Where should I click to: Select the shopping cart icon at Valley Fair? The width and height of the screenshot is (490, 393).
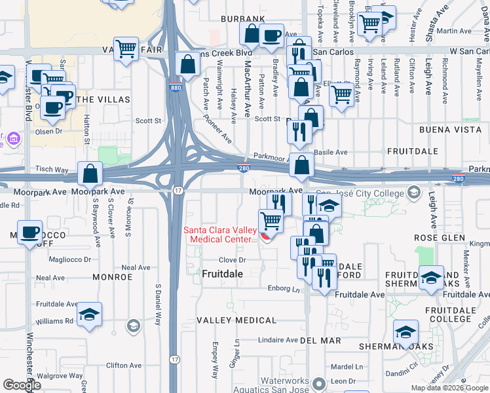click(126, 48)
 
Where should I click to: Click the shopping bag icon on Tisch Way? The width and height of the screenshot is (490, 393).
click(90, 174)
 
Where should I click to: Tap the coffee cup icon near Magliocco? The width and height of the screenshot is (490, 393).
click(30, 232)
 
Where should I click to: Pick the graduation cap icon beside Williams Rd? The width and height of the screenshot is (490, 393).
click(89, 314)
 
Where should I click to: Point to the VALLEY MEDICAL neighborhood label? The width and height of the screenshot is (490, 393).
click(236, 320)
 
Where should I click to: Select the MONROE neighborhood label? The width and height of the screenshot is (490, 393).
click(112, 277)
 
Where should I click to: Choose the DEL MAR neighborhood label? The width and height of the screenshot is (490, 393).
click(320, 341)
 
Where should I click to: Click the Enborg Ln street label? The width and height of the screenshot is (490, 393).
click(283, 288)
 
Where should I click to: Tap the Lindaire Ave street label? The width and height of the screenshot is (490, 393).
click(277, 340)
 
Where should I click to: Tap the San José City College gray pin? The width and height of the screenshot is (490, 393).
click(413, 192)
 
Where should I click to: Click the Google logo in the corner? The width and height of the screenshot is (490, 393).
click(22, 385)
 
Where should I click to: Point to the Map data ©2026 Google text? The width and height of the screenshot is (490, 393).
click(449, 388)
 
